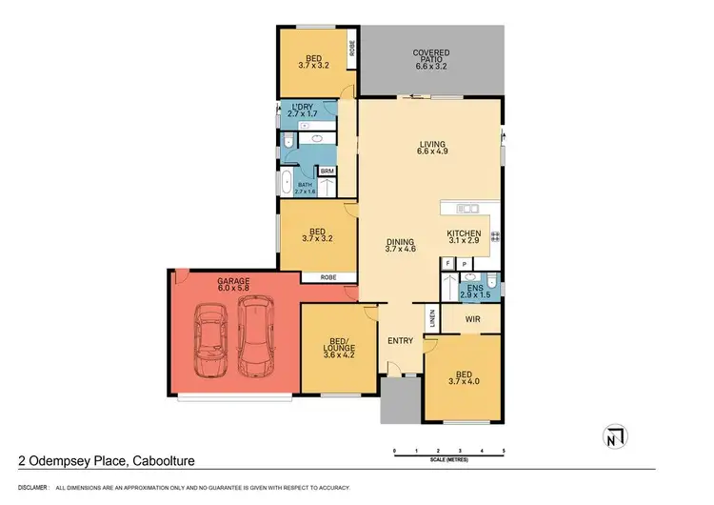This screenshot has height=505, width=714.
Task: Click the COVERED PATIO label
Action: click(x=430, y=57)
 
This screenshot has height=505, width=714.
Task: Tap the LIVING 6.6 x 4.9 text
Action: click(x=431, y=149)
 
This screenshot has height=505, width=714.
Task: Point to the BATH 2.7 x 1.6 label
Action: click(x=305, y=188)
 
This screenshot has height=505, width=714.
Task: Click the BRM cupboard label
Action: click(x=327, y=172)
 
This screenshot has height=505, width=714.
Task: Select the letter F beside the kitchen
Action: click(x=447, y=263)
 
